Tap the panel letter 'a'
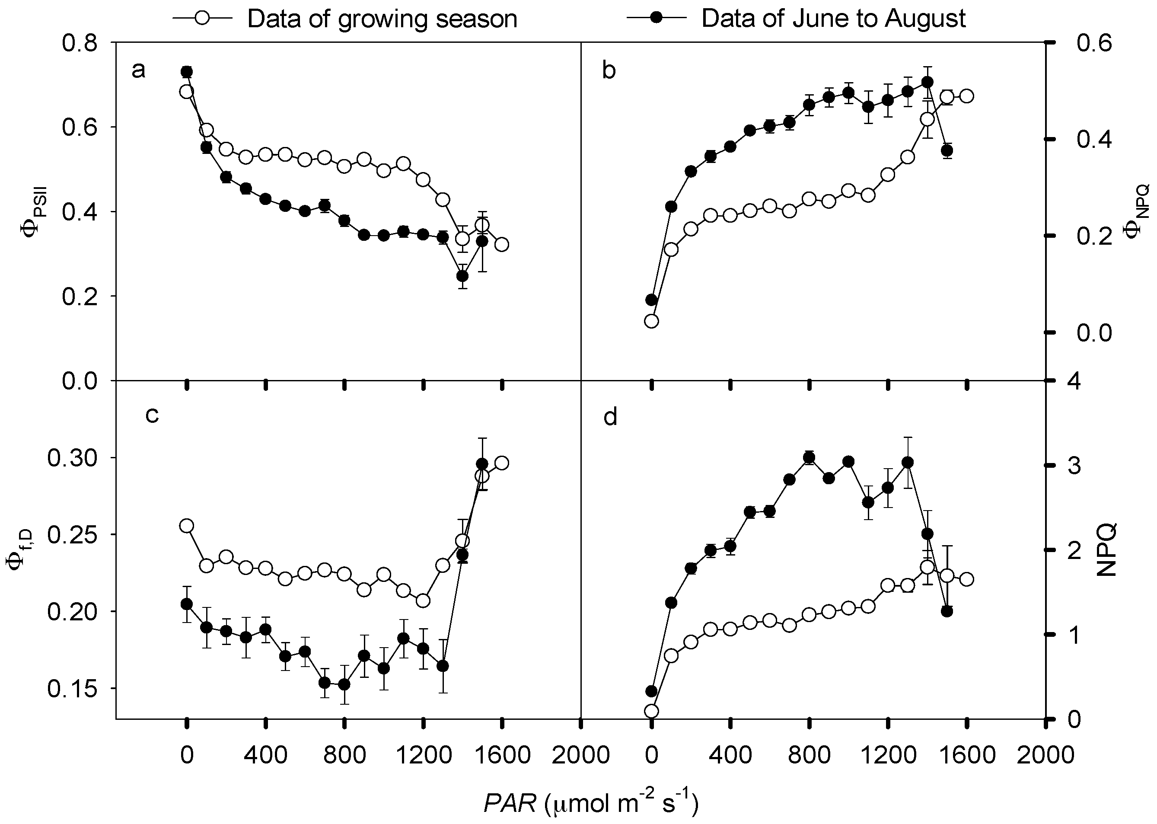(x=138, y=70)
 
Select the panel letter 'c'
(x=152, y=415)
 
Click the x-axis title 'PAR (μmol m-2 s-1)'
(x=591, y=803)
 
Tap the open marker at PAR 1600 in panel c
(x=502, y=463)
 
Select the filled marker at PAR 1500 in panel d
(x=947, y=611)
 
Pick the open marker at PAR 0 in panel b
(x=652, y=321)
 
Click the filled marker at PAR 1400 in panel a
(x=462, y=276)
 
